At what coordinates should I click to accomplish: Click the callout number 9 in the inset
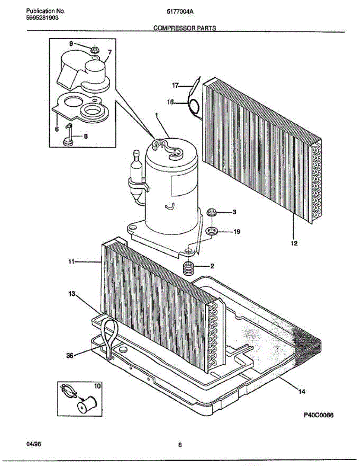[71, 44]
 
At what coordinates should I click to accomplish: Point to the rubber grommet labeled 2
[188, 268]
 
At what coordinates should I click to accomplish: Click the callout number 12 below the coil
[294, 243]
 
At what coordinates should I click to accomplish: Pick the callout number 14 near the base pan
[301, 391]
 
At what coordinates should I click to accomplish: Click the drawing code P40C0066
[318, 415]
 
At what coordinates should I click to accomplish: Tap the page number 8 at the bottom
[180, 445]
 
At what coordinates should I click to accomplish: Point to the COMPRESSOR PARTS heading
[184, 28]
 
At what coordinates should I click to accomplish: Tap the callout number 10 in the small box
[97, 386]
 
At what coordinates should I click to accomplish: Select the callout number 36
[70, 355]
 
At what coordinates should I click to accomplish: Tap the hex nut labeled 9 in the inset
[94, 50]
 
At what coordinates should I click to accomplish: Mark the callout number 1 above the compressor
[157, 115]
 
